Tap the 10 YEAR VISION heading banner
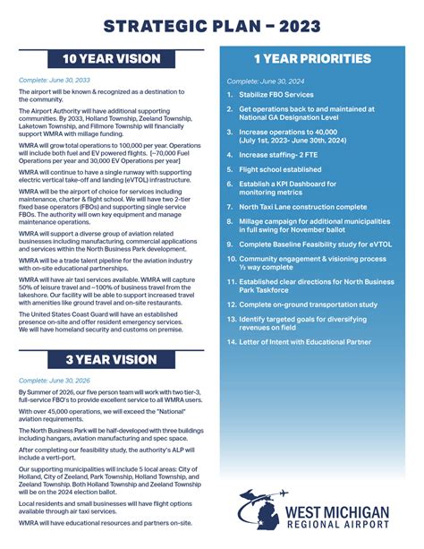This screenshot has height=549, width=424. [112, 59]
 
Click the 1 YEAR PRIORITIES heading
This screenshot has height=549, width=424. [311, 59]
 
